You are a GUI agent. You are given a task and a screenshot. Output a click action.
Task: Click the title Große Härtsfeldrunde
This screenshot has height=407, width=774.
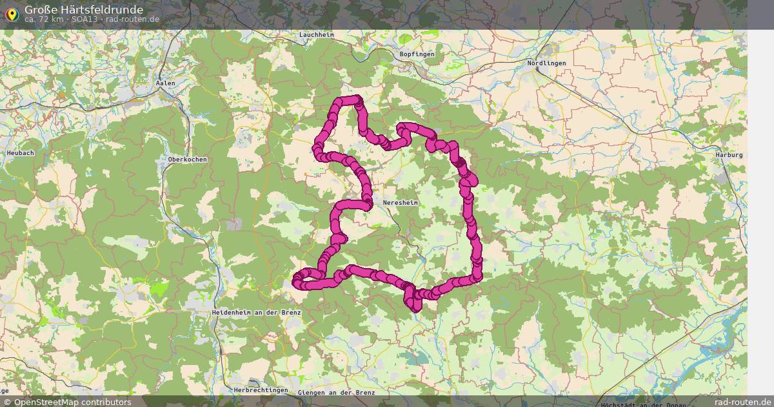84,10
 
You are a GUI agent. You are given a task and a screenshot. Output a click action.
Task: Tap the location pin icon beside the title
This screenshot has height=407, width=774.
11,14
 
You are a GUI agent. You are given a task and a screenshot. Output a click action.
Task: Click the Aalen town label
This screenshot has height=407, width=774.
166,83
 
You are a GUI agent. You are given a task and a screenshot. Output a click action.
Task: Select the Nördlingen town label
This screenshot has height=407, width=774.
546,63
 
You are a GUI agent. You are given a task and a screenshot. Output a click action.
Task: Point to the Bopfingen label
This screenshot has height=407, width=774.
417,54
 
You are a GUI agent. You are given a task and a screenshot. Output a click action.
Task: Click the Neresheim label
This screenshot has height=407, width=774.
401,203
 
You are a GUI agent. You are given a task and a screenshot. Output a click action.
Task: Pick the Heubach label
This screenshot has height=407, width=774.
20,152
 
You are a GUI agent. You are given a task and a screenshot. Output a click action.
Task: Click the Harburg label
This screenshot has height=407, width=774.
729,155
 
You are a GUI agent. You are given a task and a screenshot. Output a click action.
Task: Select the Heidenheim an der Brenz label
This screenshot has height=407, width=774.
256,312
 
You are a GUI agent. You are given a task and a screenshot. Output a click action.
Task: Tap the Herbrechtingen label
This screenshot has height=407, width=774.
261,390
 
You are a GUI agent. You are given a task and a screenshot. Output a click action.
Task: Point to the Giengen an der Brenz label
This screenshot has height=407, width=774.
337,393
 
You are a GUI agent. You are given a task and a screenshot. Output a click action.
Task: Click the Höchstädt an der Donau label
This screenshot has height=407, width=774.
643,404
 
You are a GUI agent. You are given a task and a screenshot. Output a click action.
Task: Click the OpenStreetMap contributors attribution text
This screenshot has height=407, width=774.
72,402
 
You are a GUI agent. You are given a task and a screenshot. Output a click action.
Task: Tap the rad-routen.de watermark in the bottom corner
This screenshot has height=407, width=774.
743,402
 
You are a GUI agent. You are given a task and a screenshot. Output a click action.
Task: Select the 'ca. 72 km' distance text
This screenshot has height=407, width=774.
44,19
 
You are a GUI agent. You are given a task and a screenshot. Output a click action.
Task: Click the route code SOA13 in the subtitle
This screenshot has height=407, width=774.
84,19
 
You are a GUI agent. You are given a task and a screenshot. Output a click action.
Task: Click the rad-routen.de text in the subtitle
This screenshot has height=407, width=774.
132,19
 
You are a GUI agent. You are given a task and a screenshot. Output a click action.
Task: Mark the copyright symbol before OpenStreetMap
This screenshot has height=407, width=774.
7,402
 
